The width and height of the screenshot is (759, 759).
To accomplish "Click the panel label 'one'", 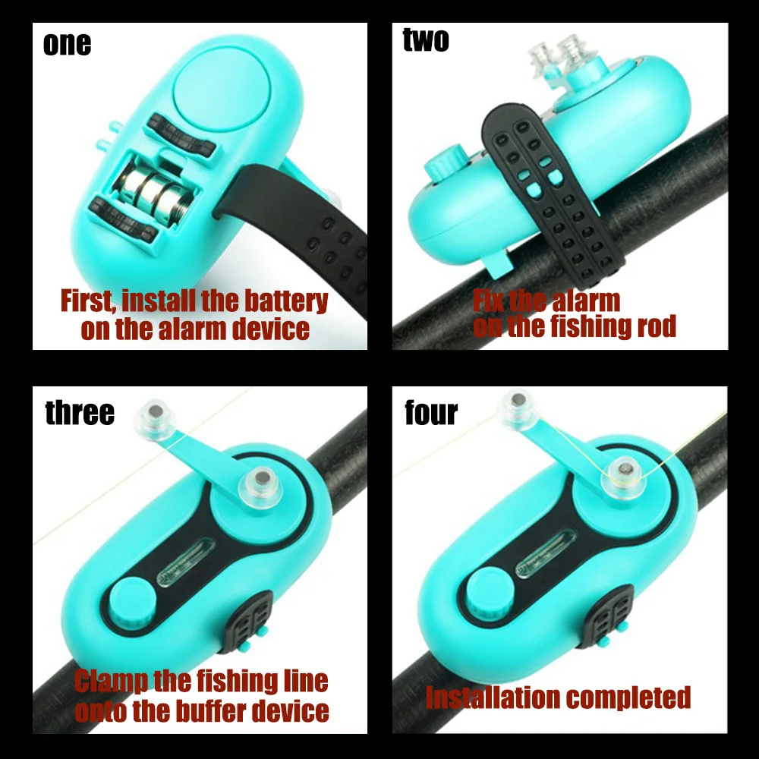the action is pos(67,44).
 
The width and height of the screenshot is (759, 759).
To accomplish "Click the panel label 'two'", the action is pos(426,39).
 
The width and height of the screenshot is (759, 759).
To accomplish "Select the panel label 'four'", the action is pos(431,413).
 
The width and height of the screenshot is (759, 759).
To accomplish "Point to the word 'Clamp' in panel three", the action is pos(111,682).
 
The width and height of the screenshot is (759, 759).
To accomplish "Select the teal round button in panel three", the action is pos(132,601).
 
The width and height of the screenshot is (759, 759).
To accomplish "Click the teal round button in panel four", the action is pos(490,593).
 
